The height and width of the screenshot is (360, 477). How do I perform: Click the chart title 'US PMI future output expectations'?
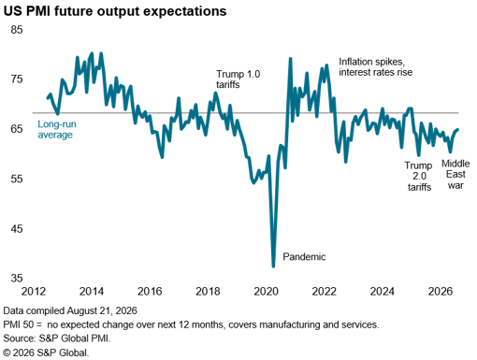115,11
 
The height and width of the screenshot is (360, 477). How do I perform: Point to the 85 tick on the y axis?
17,30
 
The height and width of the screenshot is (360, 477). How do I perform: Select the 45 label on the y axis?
17,229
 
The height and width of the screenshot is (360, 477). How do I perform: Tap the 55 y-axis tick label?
17,180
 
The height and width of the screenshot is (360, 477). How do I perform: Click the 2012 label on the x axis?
34,292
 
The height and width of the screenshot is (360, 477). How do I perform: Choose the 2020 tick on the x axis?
266,292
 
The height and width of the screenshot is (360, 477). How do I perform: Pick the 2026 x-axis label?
441,292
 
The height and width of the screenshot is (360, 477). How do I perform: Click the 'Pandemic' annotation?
304,257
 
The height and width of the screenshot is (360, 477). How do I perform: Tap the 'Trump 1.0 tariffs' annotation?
238,79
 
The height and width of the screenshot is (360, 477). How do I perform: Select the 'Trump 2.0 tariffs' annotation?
419,176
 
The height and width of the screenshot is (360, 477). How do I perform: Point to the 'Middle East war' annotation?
455,174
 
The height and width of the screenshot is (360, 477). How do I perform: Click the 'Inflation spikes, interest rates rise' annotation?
375,66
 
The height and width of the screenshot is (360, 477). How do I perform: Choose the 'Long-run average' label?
57,129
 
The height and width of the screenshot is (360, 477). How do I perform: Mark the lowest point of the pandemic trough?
273,266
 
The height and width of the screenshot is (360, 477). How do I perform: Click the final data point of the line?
457,130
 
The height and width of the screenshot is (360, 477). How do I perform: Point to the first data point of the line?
48,98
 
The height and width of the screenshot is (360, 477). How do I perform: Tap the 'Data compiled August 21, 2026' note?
70,310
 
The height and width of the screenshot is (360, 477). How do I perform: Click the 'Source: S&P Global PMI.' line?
57,338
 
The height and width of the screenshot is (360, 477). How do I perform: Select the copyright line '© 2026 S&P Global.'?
46,353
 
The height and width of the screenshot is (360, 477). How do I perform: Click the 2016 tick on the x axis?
150,292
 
